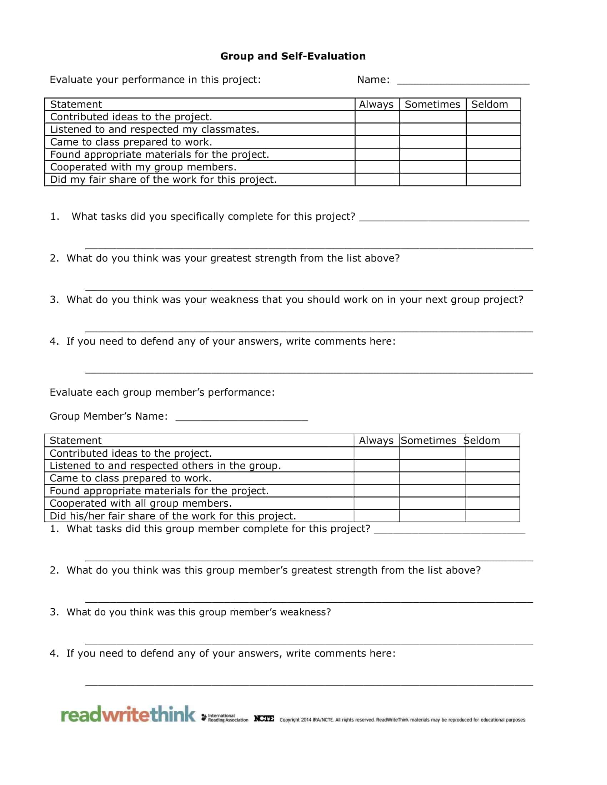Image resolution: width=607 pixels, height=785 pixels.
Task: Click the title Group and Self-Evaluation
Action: (x=293, y=56)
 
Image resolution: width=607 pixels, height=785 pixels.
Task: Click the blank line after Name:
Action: (x=463, y=81)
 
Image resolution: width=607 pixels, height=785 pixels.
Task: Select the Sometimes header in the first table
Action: (x=432, y=104)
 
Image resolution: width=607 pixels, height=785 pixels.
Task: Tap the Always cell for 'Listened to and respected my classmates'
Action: (x=377, y=130)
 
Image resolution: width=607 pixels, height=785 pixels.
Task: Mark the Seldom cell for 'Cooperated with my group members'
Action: (x=493, y=167)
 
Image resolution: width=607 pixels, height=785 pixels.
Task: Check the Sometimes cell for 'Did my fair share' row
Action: (x=433, y=179)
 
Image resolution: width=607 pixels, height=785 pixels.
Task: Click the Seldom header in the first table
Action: (x=490, y=104)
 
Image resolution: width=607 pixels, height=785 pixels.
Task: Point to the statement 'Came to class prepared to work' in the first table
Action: (x=131, y=142)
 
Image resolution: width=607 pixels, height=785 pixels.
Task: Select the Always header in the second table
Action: (x=376, y=440)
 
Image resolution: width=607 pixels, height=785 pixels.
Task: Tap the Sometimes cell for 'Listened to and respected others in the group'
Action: (x=432, y=466)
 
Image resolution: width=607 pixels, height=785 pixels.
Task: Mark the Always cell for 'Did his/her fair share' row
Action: (x=376, y=516)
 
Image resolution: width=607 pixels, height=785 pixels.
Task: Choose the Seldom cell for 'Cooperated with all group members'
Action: (x=492, y=503)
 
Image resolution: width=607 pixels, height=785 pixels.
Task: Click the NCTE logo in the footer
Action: (x=264, y=719)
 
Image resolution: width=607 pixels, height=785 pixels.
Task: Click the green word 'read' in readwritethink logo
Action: (x=81, y=715)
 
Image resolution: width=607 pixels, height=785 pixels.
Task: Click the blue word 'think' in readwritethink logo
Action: (x=173, y=714)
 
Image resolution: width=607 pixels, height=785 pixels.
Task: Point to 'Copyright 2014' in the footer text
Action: (x=295, y=720)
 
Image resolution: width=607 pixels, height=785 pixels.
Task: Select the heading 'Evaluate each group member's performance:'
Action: (x=162, y=392)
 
